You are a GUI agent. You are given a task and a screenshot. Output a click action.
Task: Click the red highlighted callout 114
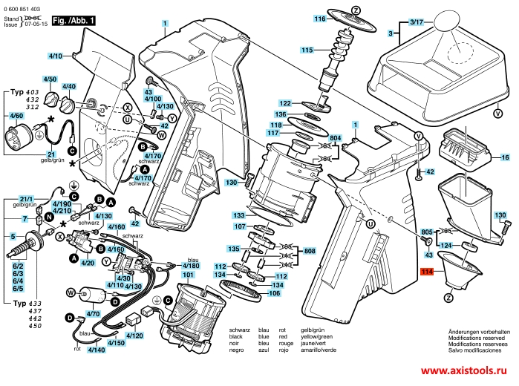pos(426,272)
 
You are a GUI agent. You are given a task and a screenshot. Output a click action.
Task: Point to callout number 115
pos(307,50)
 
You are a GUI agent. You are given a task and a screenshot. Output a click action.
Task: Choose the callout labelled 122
pos(285,102)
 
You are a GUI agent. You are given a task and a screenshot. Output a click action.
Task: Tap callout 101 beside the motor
pos(188,275)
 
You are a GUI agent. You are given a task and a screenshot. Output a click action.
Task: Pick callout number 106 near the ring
pos(274,292)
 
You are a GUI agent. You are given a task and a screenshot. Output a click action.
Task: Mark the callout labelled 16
pos(505,158)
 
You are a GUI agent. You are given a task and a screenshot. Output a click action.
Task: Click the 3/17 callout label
pos(415,23)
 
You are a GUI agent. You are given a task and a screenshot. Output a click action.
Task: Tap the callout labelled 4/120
pos(135,336)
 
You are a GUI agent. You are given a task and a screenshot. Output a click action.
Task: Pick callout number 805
pos(426,233)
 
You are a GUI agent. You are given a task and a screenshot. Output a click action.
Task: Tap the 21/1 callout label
pos(27,198)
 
